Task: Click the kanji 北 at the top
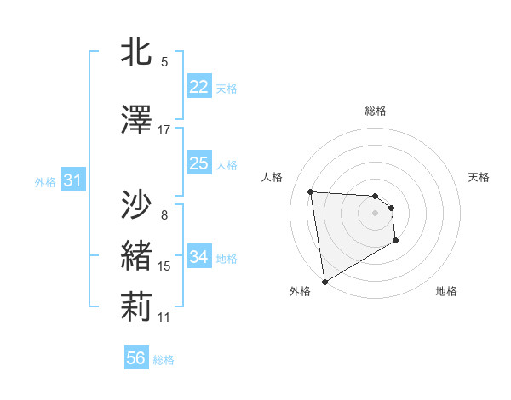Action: [137, 53]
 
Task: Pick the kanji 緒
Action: [137, 255]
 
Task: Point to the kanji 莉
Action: [137, 306]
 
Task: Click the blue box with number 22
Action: [198, 87]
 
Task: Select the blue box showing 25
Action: [198, 163]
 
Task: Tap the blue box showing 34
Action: [198, 257]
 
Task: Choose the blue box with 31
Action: [72, 180]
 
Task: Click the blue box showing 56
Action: [135, 358]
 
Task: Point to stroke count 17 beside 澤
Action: [164, 130]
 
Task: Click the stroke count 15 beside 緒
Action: [164, 266]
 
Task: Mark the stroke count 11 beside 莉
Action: [164, 317]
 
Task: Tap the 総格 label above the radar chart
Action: [376, 111]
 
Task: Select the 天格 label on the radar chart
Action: [479, 177]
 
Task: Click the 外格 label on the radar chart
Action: [300, 291]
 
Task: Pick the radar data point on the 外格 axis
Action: [324, 280]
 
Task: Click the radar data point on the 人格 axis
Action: [311, 191]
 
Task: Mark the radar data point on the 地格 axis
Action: [396, 241]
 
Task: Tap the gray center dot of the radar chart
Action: [376, 214]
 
